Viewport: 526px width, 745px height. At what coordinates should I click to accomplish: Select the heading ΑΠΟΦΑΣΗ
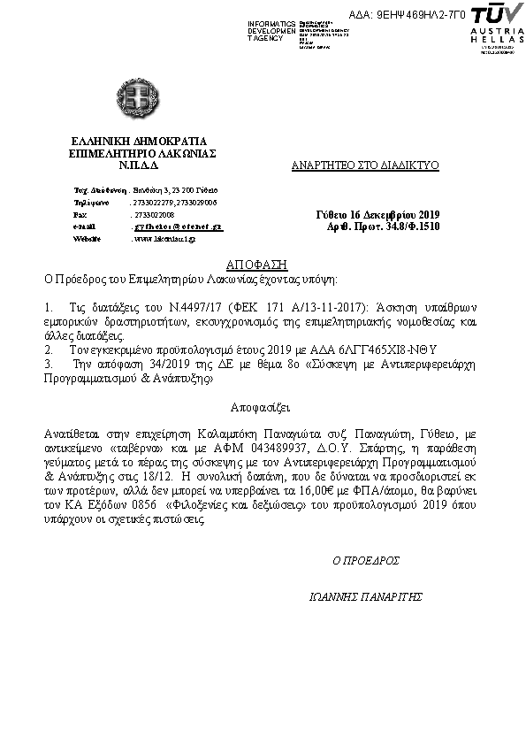(x=263, y=264)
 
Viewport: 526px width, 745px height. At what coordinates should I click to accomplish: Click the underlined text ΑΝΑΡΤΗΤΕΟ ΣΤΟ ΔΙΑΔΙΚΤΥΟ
(x=365, y=165)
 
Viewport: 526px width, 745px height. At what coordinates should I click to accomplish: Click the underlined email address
(x=178, y=227)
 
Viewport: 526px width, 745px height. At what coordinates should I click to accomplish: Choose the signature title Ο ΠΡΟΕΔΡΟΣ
(x=366, y=561)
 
